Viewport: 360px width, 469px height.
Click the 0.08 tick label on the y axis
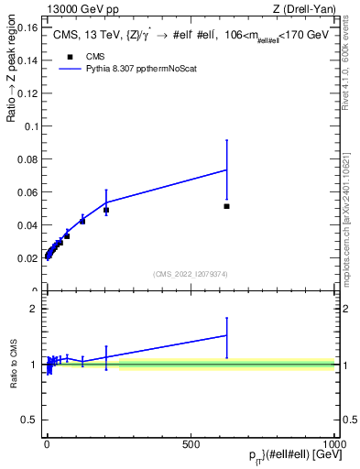coord(28,159)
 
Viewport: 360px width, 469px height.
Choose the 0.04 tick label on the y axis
coord(28,225)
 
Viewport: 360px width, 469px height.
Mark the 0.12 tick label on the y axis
coord(28,93)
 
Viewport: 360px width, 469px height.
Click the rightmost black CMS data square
coord(226,206)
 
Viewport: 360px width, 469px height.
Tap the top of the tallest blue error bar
coord(226,140)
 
